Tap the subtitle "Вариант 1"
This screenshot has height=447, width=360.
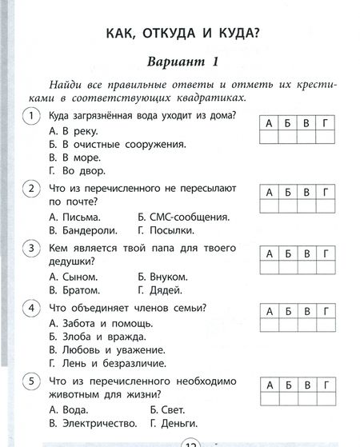pyautogui.click(x=183, y=63)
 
